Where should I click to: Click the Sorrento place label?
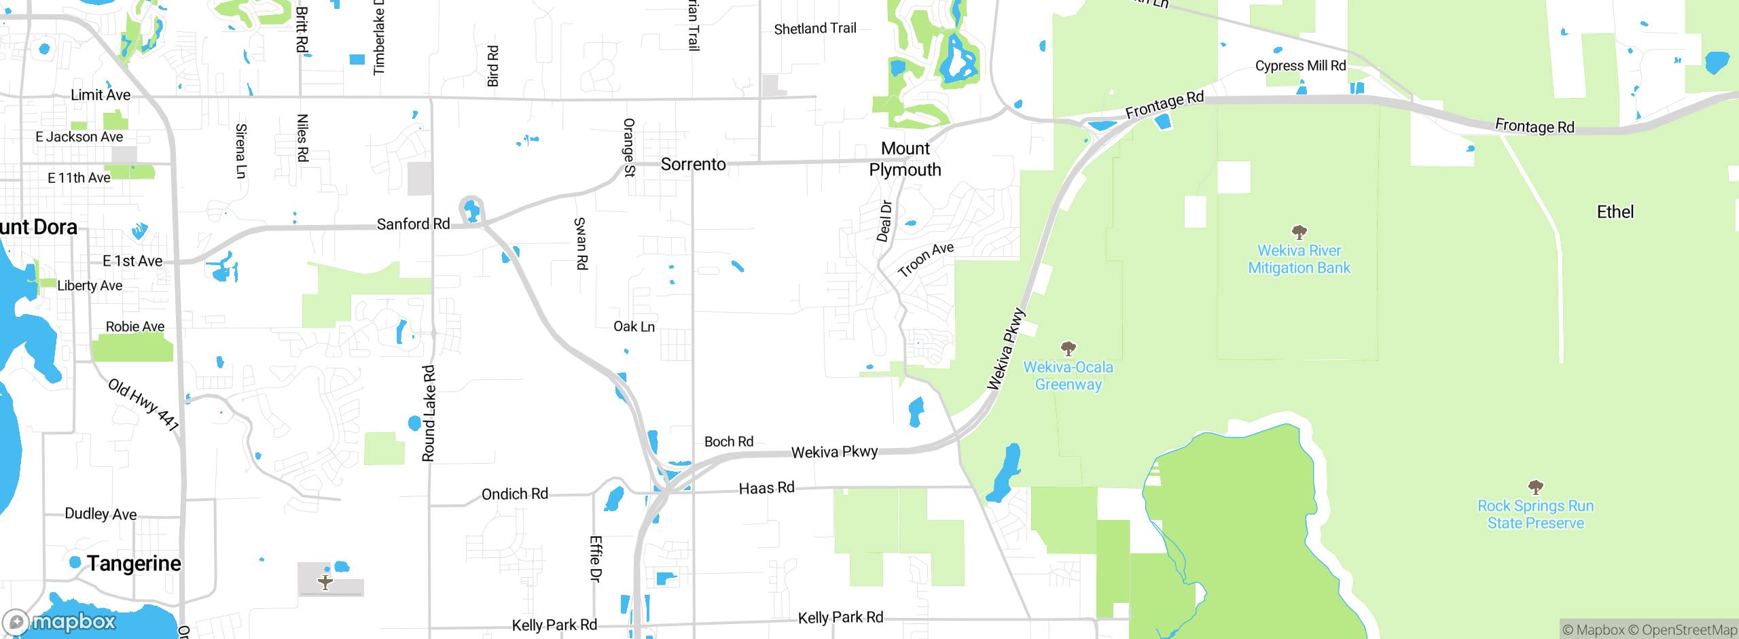pos(693,165)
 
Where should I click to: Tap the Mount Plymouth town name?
pos(906,159)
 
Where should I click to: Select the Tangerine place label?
pos(134,564)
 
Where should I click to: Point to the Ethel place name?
pos(1615,212)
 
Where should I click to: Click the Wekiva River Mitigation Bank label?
pos(1299,260)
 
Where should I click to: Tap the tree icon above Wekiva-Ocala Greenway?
pos(1068,349)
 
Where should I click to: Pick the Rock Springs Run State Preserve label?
pos(1535,515)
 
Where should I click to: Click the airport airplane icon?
pos(325,582)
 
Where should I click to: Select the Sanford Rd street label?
pos(413,224)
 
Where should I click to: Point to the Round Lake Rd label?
pos(429,413)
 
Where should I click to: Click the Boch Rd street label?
pos(728,442)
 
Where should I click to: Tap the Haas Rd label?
pos(766,488)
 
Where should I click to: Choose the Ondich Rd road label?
pos(514,494)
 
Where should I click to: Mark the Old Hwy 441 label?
pos(144,405)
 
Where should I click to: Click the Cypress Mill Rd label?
pos(1300,66)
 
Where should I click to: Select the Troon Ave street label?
pos(925,260)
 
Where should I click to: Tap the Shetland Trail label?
pos(814,29)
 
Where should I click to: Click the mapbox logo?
pos(60,622)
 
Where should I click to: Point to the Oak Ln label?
pos(634,327)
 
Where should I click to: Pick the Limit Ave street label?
pos(101,95)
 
